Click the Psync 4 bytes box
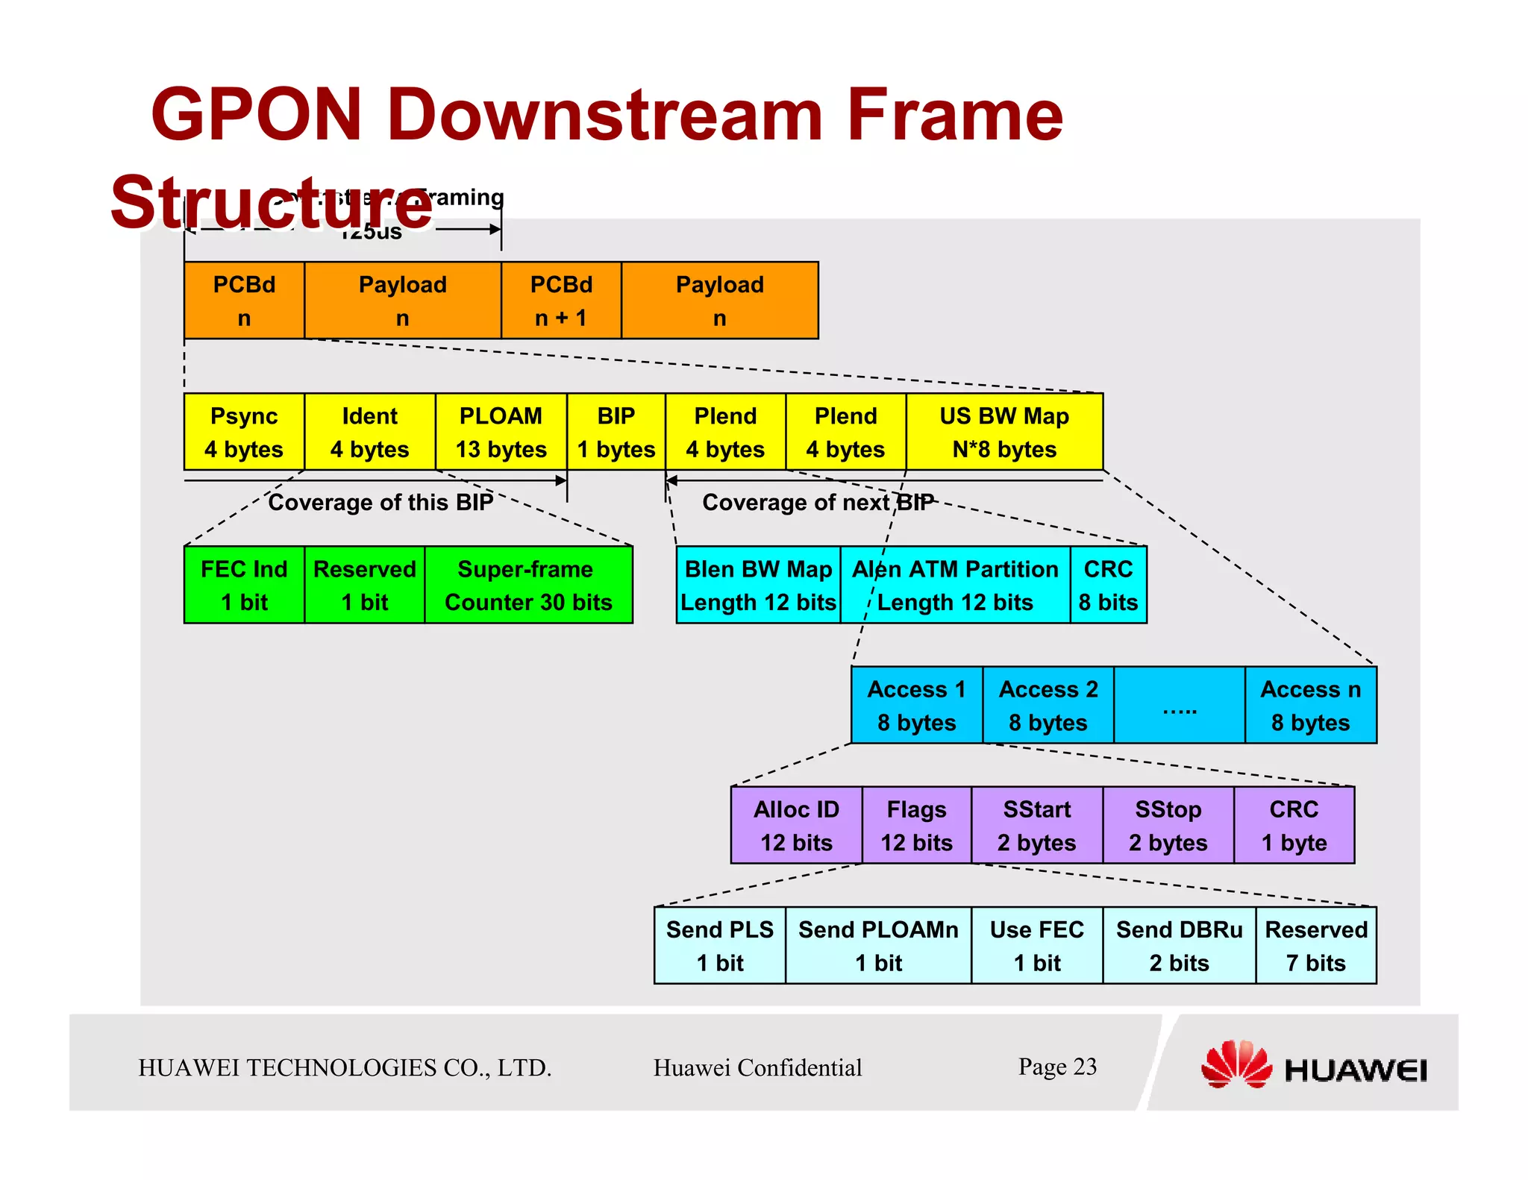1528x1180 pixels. coord(244,432)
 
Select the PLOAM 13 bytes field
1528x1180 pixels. coord(501,432)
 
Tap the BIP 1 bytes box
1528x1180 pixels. coord(616,432)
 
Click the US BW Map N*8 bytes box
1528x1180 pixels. coord(1003,432)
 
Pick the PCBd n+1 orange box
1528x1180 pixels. coord(561,301)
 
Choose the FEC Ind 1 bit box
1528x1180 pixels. coord(244,585)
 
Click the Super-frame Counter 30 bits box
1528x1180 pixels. coord(528,585)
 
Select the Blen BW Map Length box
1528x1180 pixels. coord(758,585)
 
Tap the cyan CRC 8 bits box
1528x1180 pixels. coord(1108,585)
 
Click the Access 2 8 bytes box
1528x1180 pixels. coord(1048,705)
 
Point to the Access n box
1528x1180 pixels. coord(1310,705)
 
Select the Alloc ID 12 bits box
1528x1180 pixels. coord(796,825)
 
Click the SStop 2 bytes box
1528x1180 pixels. coord(1168,825)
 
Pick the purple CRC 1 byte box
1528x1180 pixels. coord(1294,825)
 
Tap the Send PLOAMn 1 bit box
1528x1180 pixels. coord(878,945)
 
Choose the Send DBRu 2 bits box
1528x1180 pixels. coord(1179,945)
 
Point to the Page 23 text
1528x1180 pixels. coord(1057,1067)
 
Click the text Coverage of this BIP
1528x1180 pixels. coord(381,502)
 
